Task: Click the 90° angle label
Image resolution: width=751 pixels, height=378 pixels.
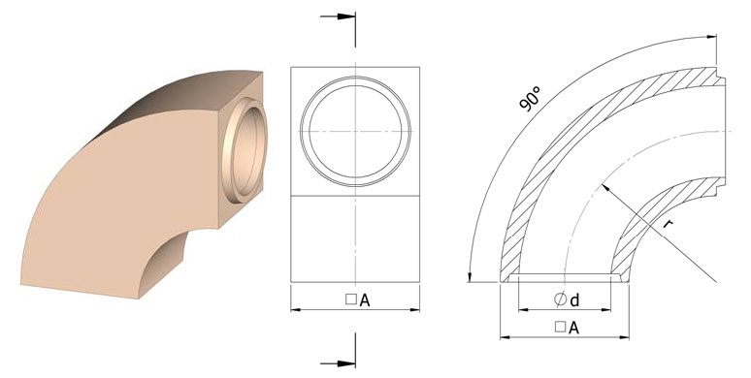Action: (x=530, y=99)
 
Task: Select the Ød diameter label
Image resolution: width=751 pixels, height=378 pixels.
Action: (x=567, y=299)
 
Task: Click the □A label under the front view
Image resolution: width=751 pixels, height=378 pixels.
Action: (x=358, y=300)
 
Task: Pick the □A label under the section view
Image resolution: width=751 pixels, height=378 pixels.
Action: (x=567, y=328)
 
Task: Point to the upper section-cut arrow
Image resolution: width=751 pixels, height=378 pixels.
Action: (x=338, y=16)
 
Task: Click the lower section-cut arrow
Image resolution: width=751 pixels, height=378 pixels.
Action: (x=338, y=364)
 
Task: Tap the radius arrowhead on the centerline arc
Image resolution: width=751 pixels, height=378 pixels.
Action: (x=605, y=188)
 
